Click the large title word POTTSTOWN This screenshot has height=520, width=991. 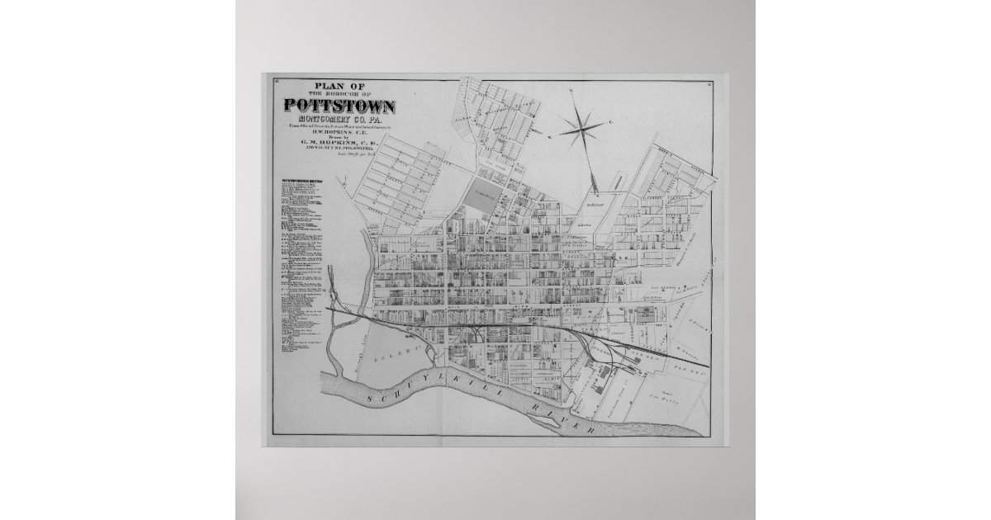point(340,106)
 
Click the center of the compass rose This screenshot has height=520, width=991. point(582,126)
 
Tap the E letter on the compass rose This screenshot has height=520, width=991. point(610,123)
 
